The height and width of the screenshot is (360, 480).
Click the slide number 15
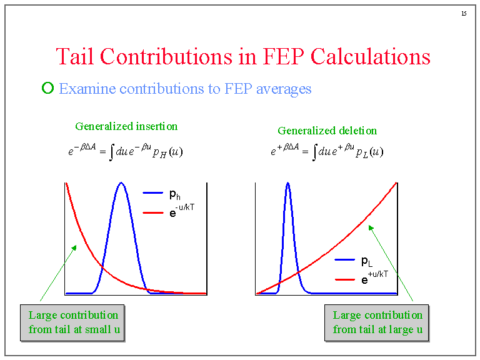[x=464, y=14]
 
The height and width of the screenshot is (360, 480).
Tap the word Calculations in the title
[x=371, y=56]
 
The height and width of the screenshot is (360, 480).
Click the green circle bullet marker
[x=47, y=88]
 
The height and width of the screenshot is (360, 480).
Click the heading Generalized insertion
[x=126, y=126]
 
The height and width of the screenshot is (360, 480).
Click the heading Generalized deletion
[x=327, y=131]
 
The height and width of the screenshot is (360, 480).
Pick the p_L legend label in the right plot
[x=367, y=261]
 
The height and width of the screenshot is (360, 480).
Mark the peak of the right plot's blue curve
[x=287, y=184]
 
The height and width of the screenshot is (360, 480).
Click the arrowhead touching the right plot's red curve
[x=370, y=227]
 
